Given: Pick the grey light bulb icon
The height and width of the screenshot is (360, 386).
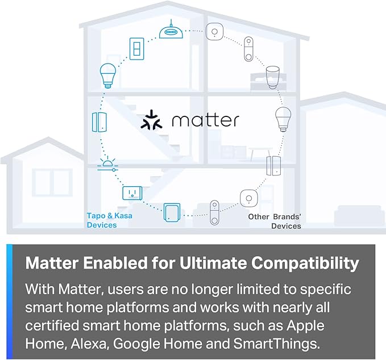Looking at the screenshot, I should (x=283, y=120).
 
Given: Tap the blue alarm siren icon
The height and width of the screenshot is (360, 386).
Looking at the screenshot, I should (x=108, y=164).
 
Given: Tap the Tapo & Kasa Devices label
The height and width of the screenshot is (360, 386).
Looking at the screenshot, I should (x=105, y=220).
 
